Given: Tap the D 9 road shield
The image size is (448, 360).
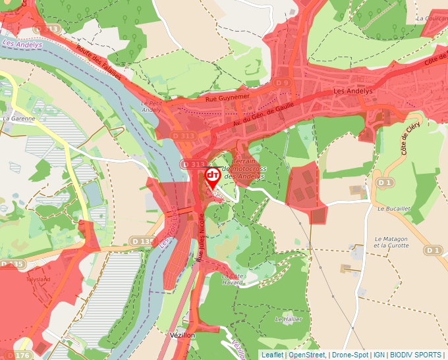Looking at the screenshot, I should (x=282, y=83).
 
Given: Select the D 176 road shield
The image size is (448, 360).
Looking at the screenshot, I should (x=22, y=355).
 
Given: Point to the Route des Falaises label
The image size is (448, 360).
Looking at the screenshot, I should (x=99, y=65).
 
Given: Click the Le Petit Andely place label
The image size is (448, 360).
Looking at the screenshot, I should (x=151, y=107).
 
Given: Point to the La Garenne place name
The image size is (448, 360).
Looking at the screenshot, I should (x=18, y=118).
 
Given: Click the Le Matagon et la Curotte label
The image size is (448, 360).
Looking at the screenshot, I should (x=391, y=242).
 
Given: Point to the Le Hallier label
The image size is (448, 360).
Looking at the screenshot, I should (x=287, y=319).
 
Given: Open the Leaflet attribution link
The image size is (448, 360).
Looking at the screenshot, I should (x=272, y=355).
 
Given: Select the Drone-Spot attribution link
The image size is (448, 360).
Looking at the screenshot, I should (x=349, y=355).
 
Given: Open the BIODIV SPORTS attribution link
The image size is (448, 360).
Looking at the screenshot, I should (x=415, y=355).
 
